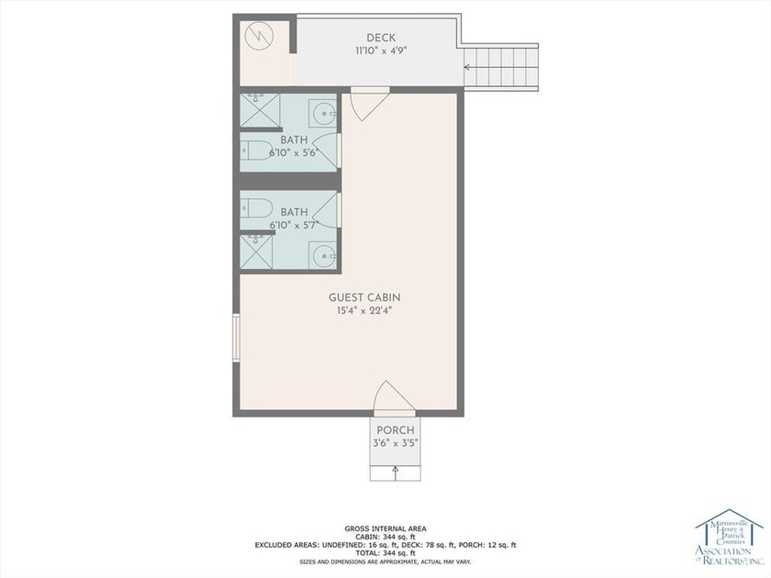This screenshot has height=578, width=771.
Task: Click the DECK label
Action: point(381,38)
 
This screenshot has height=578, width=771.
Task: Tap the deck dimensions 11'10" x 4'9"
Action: point(381,51)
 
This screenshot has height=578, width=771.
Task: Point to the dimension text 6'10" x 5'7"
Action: point(294,224)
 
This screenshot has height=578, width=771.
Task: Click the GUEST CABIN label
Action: point(364,297)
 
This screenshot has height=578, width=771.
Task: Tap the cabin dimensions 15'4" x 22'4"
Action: point(364,310)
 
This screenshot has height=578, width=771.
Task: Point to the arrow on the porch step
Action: point(396,472)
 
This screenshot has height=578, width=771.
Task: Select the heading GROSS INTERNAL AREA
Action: point(385,528)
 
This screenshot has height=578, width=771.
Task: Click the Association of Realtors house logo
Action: point(730,537)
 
